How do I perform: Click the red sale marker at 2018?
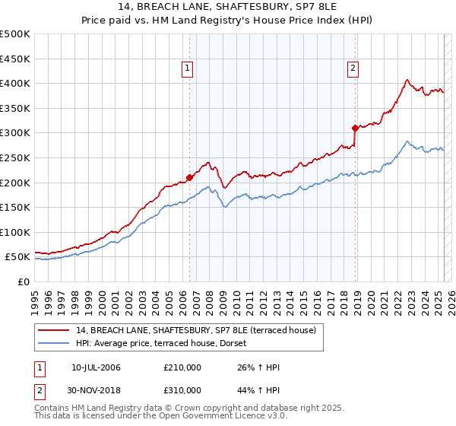pos(355,128)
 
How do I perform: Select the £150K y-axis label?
pos(15,208)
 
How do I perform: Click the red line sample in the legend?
pos(55,330)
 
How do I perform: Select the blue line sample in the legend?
pos(55,343)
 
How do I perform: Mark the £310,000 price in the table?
pos(182,390)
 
